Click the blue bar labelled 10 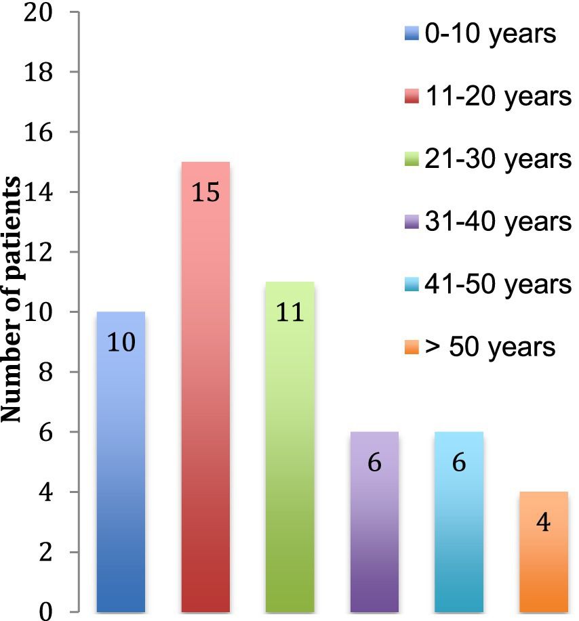121,467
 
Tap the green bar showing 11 290,454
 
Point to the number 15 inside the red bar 205,192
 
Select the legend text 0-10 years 490,33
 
